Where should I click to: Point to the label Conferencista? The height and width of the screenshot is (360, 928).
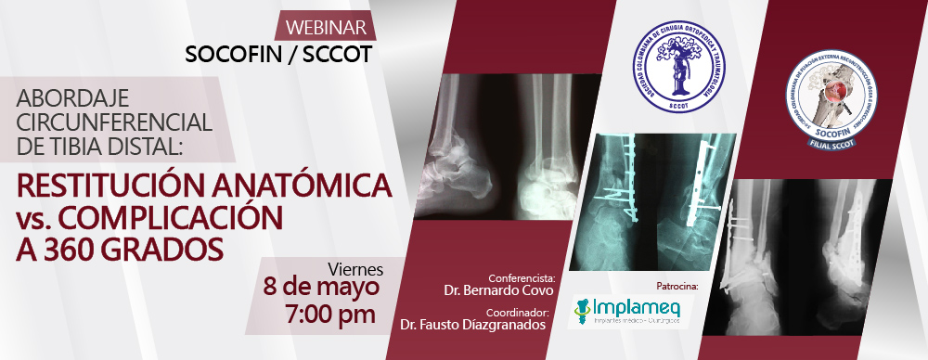pyautogui.click(x=522, y=276)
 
